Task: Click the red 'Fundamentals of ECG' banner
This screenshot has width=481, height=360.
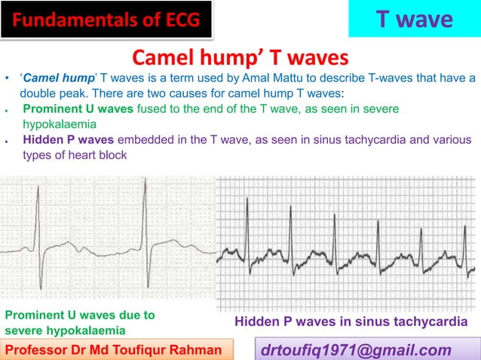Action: (x=105, y=19)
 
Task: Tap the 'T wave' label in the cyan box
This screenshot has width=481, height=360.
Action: (x=414, y=19)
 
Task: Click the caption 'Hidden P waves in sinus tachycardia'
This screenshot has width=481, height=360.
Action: (x=351, y=322)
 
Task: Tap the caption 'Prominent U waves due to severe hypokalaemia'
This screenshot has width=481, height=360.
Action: (x=79, y=322)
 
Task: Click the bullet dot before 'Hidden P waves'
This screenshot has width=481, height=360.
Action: (x=6, y=140)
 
